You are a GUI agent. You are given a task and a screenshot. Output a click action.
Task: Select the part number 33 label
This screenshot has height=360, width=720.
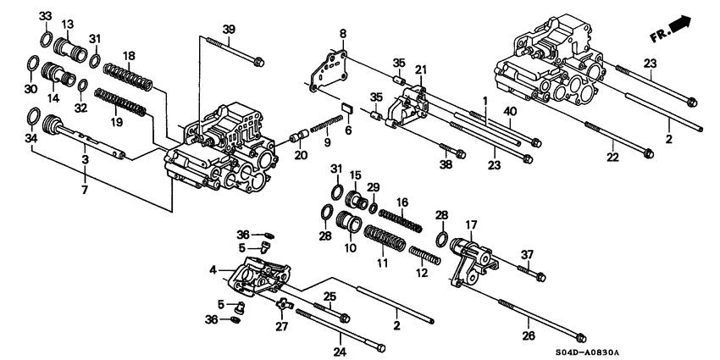pos(45,16)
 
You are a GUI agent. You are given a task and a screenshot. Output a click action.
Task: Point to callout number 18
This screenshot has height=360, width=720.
pos(129,56)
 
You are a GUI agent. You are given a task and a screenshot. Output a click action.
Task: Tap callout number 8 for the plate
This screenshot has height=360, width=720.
pos(343,33)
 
